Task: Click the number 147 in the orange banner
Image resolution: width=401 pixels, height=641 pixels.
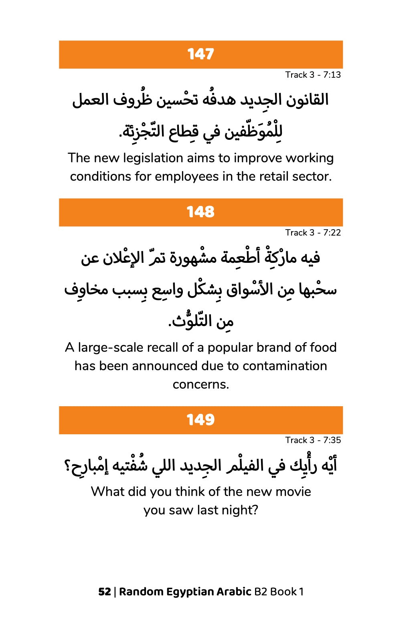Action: pos(200,54)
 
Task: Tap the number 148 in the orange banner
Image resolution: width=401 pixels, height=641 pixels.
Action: pos(200,212)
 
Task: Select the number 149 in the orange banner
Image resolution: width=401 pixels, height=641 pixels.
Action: pos(200,420)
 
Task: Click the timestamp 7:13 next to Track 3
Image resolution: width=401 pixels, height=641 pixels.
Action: pos(332,75)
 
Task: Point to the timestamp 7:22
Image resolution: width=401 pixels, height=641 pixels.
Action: pos(332,233)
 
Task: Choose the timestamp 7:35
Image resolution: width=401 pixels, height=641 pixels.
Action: pos(332,440)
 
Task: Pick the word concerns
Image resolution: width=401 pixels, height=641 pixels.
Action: pos(200,385)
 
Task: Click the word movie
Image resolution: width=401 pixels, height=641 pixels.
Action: pos(296,492)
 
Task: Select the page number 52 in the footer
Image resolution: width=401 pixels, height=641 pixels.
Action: pos(104,592)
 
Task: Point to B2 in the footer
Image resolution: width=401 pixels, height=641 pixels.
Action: pos(261,592)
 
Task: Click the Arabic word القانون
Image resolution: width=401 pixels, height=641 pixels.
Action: pos(308,100)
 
